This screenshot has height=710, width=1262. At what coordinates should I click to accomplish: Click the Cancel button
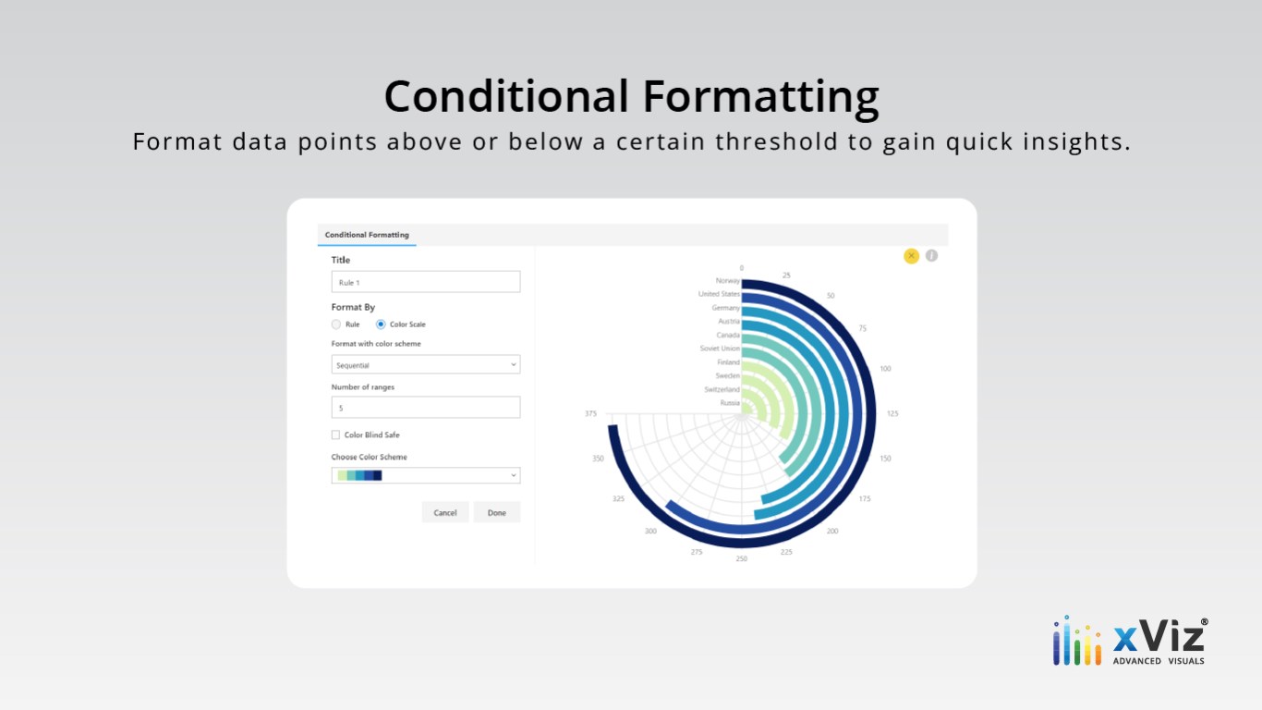445,512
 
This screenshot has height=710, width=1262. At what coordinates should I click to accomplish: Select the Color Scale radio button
381,324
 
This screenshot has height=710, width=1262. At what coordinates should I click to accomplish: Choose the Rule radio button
336,324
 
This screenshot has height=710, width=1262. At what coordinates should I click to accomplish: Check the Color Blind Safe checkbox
335,435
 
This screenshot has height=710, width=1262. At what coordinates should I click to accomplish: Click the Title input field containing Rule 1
426,282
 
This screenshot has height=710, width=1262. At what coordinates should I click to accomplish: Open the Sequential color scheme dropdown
426,365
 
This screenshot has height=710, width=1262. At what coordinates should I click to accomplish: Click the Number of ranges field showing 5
426,407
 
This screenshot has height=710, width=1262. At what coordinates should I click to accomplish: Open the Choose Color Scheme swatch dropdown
426,475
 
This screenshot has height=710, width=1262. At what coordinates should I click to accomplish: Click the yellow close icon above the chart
911,256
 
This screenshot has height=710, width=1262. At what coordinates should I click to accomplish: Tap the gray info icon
932,255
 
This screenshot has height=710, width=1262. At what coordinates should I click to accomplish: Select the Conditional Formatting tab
367,235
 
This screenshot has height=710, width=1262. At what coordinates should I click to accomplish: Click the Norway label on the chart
727,280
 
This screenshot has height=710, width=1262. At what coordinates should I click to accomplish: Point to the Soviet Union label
720,348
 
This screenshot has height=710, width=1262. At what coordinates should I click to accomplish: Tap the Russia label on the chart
730,403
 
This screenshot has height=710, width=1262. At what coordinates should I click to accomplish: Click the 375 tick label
590,413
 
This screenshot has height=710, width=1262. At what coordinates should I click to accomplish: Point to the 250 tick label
742,558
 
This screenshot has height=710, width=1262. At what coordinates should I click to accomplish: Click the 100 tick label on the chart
886,368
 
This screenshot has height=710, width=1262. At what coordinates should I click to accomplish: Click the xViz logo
1131,642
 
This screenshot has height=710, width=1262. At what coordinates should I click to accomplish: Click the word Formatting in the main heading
760,97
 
